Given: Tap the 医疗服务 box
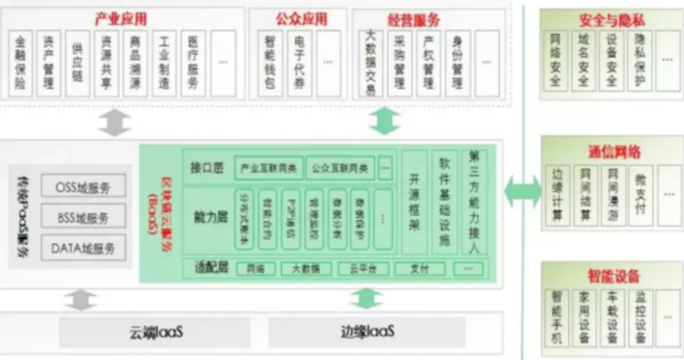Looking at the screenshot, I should coord(194,65).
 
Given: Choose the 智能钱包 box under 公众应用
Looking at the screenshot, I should coord(271,65).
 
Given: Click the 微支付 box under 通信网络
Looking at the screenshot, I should coord(642,191).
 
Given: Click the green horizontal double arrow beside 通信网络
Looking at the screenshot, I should coord(523,189).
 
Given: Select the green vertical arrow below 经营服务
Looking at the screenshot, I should coord(385,121).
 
